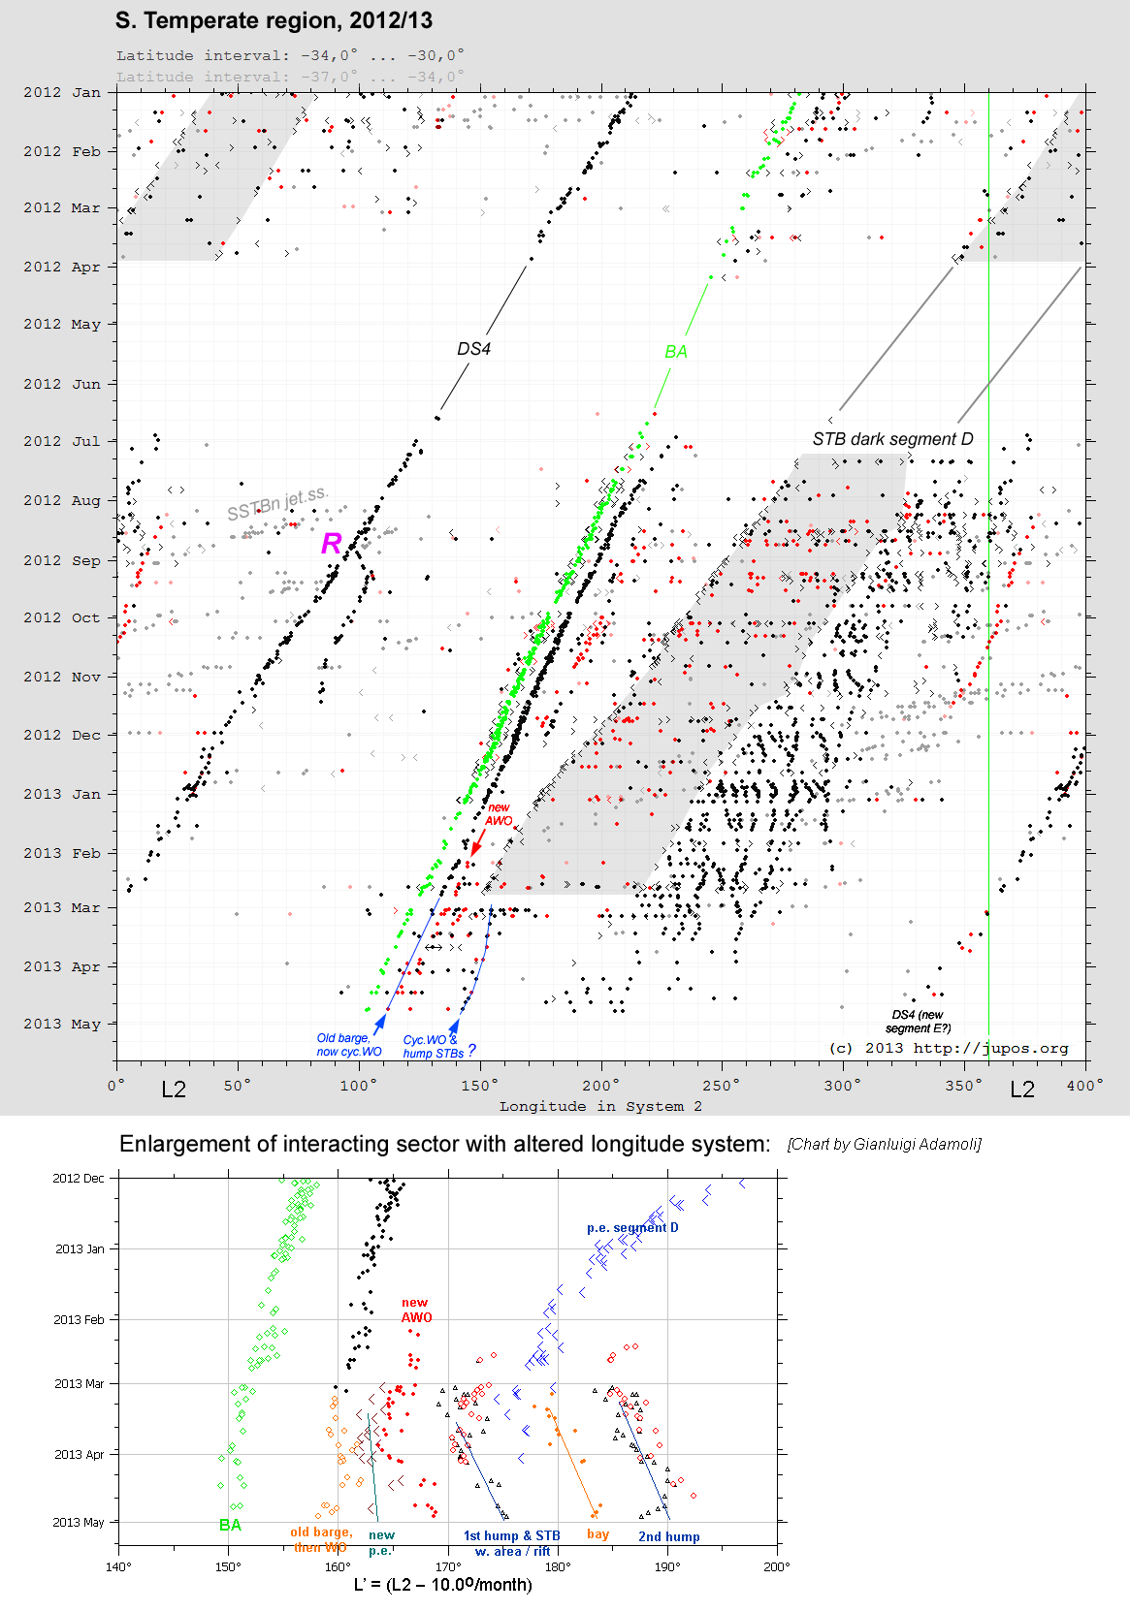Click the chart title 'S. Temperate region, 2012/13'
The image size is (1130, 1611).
click(x=274, y=21)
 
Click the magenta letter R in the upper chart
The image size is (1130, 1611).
click(x=332, y=544)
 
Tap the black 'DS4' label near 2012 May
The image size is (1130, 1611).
click(x=474, y=349)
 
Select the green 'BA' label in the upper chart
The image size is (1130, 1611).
click(x=676, y=352)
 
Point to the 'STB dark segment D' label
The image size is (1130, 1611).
click(x=892, y=439)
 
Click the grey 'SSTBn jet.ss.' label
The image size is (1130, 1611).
click(x=277, y=504)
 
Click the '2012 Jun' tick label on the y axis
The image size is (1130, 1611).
click(x=62, y=384)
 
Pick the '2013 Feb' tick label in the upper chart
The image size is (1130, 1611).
click(x=62, y=853)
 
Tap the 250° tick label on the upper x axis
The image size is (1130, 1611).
click(x=721, y=1086)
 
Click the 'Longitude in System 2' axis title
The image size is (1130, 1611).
click(x=600, y=1106)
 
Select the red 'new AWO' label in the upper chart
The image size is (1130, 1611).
click(x=499, y=814)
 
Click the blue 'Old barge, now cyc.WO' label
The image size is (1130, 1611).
click(x=349, y=1045)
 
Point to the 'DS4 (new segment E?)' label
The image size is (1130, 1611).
click(x=918, y=1022)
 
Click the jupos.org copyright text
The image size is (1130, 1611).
click(x=949, y=1048)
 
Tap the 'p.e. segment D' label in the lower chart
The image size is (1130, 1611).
click(x=632, y=1228)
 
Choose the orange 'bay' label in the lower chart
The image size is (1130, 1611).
click(x=598, y=1534)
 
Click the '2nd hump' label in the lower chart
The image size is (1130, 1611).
click(x=668, y=1536)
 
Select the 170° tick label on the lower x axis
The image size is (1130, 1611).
click(x=448, y=1566)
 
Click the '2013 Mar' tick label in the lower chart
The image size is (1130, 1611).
click(x=80, y=1383)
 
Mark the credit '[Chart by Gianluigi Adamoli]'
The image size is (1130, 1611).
click(x=884, y=1145)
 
